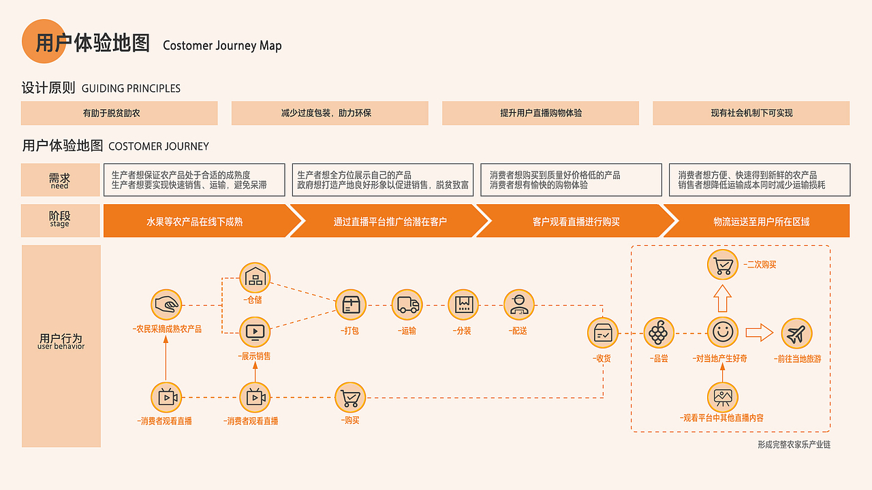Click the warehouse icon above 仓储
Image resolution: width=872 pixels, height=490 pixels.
point(255,278)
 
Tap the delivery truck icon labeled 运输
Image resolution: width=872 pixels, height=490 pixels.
point(407,305)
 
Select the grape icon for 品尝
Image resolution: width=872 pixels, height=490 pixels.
point(658,333)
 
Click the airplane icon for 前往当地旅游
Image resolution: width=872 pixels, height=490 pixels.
point(796,333)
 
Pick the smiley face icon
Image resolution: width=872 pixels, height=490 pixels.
point(722,333)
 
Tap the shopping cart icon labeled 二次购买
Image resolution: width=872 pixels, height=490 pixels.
point(722,264)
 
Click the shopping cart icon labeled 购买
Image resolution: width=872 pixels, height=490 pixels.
point(350,397)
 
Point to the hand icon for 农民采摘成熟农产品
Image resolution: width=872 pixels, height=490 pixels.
point(167,305)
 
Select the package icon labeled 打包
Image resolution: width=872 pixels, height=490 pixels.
point(351,305)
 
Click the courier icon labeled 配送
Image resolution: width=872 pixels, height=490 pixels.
point(519,305)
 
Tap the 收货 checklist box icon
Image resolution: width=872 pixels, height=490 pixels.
point(603,333)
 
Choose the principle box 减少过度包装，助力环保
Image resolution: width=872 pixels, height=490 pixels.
point(330,113)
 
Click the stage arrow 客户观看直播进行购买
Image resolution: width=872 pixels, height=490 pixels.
point(576,221)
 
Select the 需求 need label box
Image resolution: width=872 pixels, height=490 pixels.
point(60,180)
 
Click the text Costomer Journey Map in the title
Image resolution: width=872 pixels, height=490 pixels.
point(222,46)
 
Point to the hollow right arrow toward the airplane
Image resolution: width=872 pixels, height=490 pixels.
point(759,333)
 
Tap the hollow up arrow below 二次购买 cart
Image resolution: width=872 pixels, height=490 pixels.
point(722,298)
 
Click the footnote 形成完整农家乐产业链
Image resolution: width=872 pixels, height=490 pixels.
point(794,445)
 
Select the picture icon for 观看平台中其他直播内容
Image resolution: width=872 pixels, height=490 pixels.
point(722,396)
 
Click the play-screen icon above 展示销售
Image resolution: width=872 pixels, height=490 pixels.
point(255,332)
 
